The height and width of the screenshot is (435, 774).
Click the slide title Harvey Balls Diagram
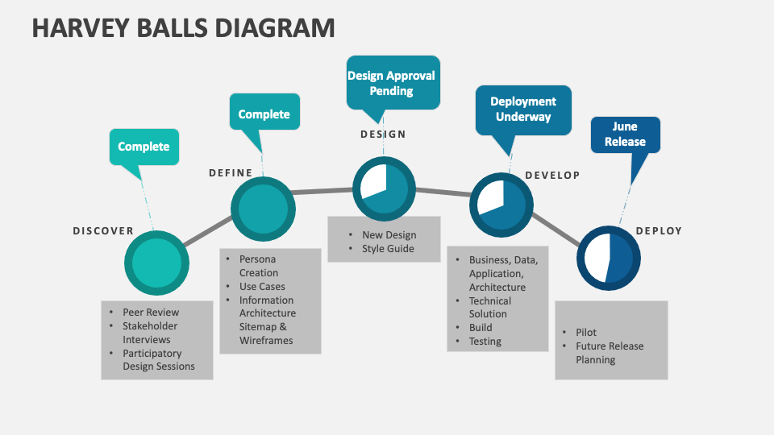point(183,27)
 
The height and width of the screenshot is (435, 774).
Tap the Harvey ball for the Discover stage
point(156,263)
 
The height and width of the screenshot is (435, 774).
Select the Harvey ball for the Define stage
point(263,209)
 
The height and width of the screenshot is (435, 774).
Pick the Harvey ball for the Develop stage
point(501,204)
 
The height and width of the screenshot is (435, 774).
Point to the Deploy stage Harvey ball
point(608,259)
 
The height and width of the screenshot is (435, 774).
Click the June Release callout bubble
point(625,135)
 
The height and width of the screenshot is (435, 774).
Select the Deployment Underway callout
point(522,109)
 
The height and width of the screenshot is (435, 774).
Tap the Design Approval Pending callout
point(392,82)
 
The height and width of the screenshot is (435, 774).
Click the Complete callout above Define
point(264,114)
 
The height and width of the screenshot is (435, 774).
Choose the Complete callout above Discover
point(144,147)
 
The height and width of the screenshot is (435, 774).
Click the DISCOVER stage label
point(103,231)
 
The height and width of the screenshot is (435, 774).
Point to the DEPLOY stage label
point(659,231)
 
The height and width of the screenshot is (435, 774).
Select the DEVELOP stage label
point(552,176)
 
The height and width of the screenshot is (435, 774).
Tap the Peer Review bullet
point(151,313)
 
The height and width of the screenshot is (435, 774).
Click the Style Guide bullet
point(388,249)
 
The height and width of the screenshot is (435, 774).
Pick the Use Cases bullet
point(262,287)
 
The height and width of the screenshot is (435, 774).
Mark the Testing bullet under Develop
point(485,342)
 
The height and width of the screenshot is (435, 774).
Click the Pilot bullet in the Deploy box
point(586,333)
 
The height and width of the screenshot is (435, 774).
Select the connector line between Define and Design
point(322,191)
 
